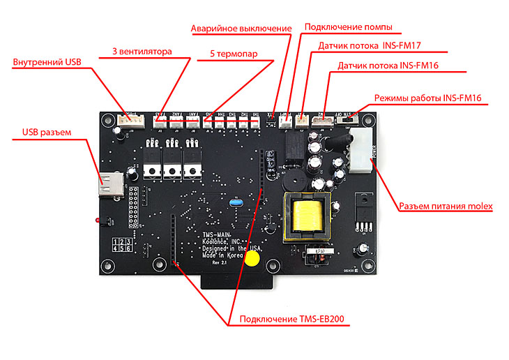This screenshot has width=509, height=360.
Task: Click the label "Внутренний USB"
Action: (47, 62)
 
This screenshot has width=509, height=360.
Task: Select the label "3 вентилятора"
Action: (142, 52)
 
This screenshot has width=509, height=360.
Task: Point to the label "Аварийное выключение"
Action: (241, 29)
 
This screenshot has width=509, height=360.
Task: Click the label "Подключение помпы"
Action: (348, 27)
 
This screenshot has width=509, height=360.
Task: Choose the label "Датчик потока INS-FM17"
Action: (372, 45)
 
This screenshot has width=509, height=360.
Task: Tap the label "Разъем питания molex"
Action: (446, 206)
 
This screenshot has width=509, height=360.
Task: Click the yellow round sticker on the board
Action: (252, 259)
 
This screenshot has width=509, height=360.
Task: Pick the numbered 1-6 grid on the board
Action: (122, 244)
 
